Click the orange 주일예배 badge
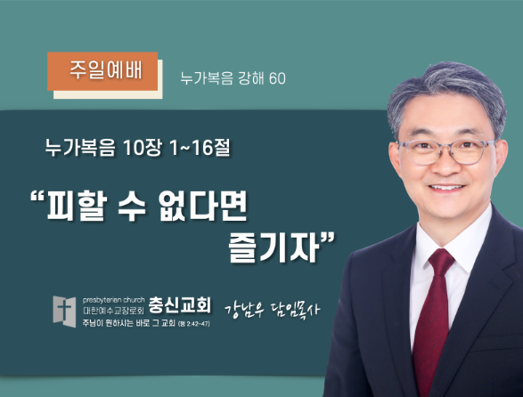(102, 71)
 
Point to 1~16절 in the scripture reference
(200, 148)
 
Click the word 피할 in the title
(78, 206)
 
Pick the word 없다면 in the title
(203, 206)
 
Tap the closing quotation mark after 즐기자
(327, 239)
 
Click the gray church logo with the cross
(64, 312)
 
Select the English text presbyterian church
(114, 300)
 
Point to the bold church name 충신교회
(179, 304)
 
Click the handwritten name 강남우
(244, 311)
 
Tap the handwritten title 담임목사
(295, 310)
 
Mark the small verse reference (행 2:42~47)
(194, 324)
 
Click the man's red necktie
(433, 319)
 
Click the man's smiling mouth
(446, 187)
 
